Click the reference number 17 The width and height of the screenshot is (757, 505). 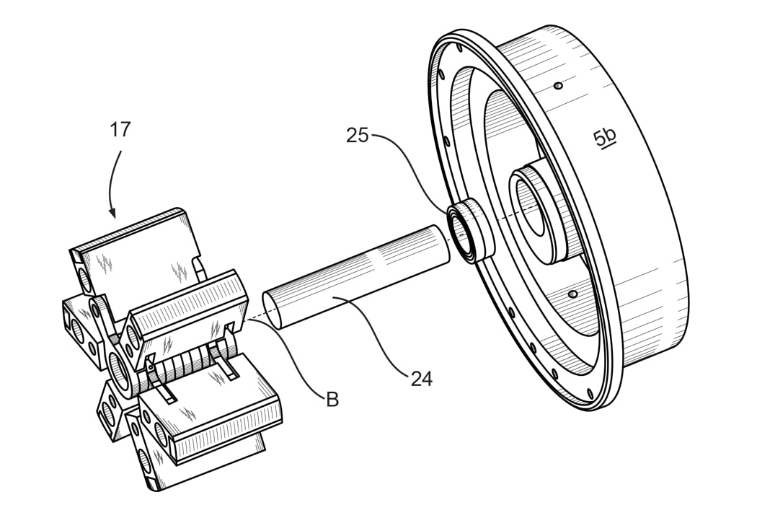(x=120, y=130)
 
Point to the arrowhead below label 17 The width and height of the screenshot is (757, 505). (x=112, y=213)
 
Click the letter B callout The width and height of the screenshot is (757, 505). (x=332, y=399)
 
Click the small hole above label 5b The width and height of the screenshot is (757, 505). (x=557, y=86)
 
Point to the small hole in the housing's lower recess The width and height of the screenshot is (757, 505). (x=572, y=294)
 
